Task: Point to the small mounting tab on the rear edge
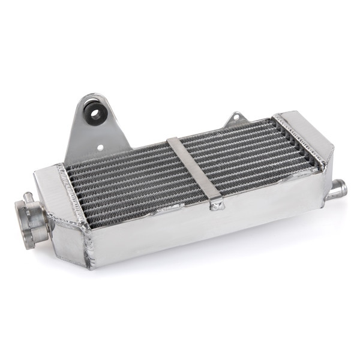click(x=236, y=119)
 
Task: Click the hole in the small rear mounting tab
click(x=236, y=117)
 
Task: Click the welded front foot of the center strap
click(x=217, y=206)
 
